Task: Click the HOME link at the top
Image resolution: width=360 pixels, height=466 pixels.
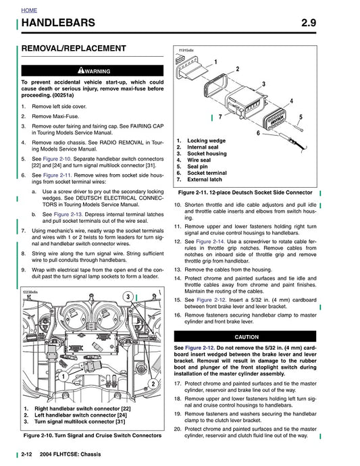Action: click(x=30, y=11)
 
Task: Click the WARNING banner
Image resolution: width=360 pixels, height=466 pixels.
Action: click(x=92, y=70)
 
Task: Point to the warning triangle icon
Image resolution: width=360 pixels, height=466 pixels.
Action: click(x=80, y=70)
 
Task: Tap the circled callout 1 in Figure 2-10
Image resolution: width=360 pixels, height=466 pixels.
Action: click(x=45, y=377)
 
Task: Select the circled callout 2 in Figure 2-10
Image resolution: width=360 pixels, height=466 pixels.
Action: click(x=153, y=384)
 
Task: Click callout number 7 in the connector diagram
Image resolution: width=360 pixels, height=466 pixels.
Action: click(x=220, y=118)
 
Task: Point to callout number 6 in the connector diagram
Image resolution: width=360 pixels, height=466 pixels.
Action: click(x=258, y=133)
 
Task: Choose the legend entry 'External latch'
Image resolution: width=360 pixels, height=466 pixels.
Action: click(x=206, y=180)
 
